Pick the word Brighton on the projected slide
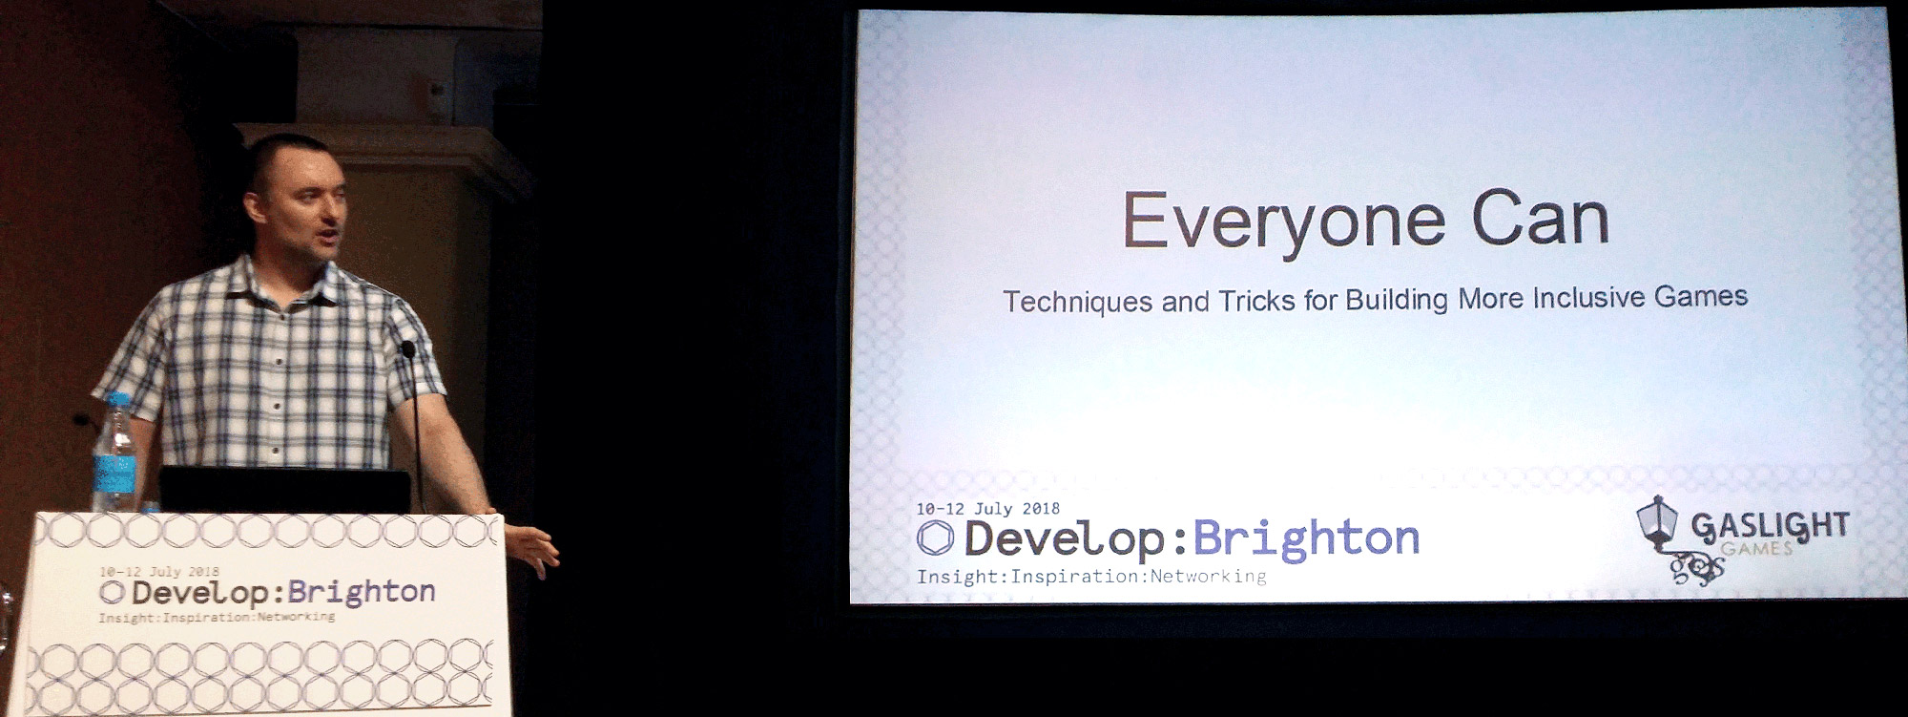tap(1306, 538)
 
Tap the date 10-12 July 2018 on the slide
tap(987, 509)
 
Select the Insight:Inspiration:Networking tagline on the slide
tap(1091, 577)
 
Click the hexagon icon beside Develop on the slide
tap(935, 538)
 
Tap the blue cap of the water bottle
tap(116, 401)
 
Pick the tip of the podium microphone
tap(408, 348)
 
